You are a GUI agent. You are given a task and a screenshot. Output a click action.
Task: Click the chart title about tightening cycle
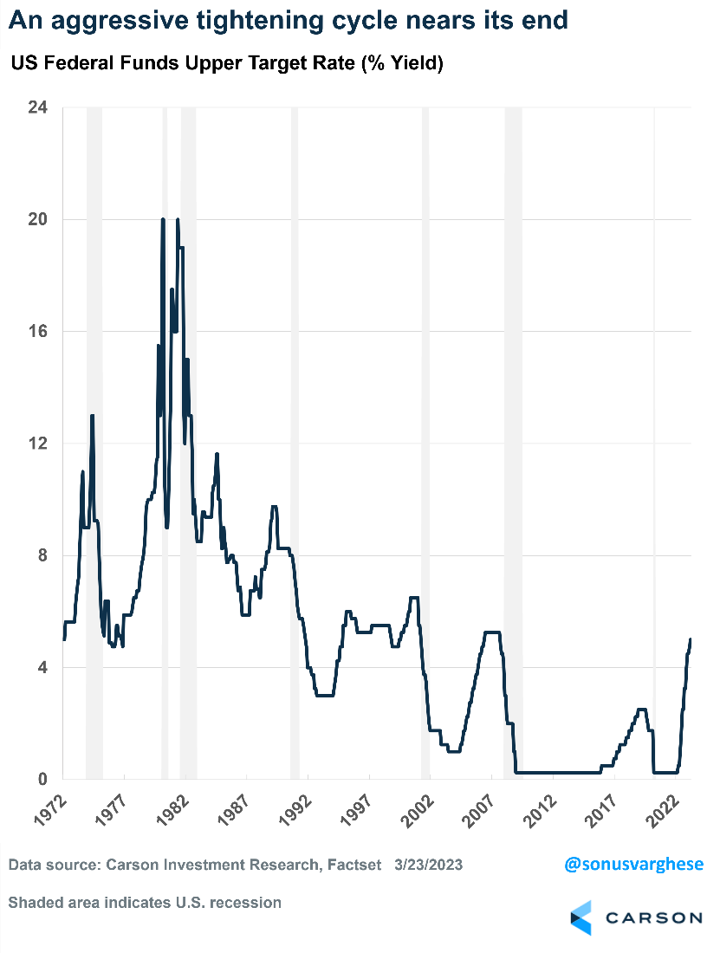288,20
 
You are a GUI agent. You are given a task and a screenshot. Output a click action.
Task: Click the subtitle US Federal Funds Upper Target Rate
227,64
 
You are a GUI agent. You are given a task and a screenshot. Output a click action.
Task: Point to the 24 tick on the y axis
38,107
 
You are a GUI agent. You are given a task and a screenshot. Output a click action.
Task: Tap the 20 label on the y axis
38,219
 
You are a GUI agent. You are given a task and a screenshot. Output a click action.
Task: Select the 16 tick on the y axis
38,331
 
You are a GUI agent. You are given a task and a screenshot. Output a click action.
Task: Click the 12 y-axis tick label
38,443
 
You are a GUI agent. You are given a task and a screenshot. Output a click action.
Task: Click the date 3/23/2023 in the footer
428,865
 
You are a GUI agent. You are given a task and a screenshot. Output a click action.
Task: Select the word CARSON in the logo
653,917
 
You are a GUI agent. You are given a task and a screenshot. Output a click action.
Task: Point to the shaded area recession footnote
145,902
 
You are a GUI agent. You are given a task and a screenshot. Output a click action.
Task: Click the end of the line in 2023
691,639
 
